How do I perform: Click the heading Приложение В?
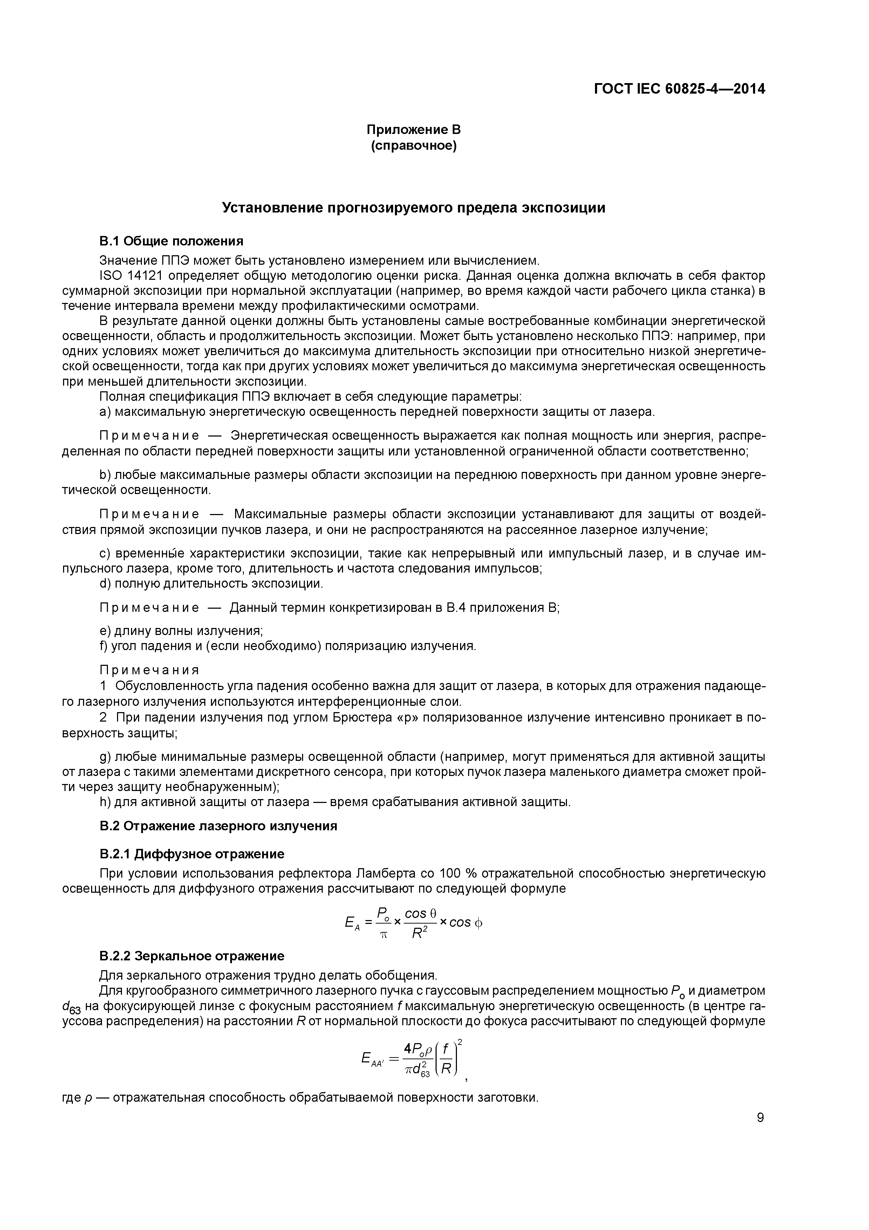tap(413, 130)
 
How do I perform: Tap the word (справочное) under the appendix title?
tap(413, 146)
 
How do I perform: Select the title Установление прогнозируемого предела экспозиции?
tap(413, 208)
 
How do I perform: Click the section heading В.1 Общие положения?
tap(171, 241)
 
